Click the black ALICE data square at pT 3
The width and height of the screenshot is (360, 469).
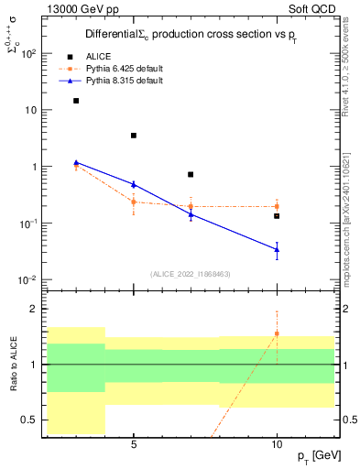(x=76, y=101)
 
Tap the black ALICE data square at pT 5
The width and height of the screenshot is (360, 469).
(x=134, y=136)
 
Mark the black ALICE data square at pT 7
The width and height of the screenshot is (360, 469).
(x=191, y=174)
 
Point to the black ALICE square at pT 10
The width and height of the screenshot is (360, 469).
(x=277, y=216)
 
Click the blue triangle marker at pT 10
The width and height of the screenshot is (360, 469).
(x=277, y=249)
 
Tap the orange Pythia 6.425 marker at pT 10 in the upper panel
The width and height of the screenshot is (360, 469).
(x=277, y=206)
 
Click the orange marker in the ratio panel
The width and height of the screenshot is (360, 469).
(x=277, y=333)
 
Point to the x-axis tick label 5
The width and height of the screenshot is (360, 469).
(x=134, y=445)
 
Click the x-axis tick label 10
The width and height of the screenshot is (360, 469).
(x=277, y=445)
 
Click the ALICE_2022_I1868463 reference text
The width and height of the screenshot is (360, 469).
(x=191, y=274)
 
